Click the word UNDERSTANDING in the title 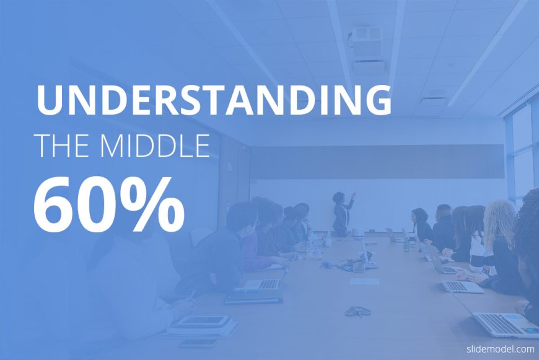[214, 99]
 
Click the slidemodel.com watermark [500, 349]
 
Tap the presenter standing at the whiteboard [342, 214]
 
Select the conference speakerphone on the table [358, 311]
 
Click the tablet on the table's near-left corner [199, 322]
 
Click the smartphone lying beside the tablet [198, 343]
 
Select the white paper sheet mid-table [364, 281]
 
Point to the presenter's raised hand [354, 195]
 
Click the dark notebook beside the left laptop [253, 299]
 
